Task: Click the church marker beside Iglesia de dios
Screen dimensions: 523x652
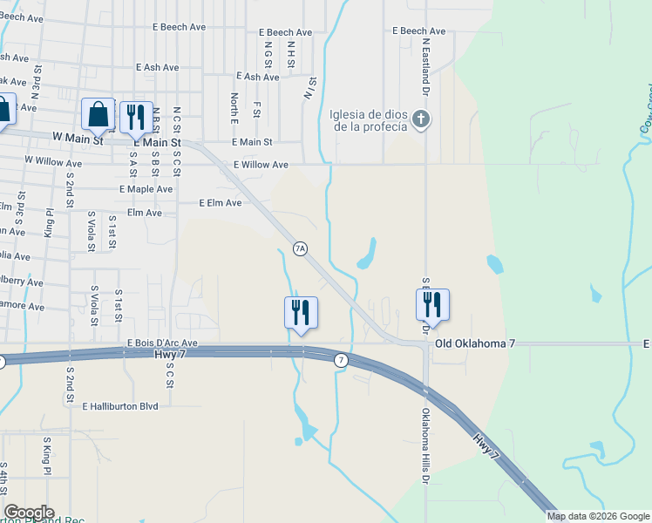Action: click(x=421, y=119)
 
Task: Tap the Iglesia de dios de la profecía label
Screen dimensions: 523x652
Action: click(x=369, y=119)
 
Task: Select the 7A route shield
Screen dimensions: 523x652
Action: click(x=300, y=248)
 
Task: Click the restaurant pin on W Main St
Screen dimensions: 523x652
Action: click(x=134, y=118)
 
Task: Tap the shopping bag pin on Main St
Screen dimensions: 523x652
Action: click(x=98, y=114)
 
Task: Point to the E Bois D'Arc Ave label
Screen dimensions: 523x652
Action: click(x=162, y=343)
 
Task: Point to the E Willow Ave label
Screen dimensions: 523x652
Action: click(x=261, y=164)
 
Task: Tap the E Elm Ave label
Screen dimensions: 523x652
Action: click(x=220, y=202)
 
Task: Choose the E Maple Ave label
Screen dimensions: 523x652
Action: click(x=146, y=188)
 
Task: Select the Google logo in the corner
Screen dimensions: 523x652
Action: click(x=29, y=513)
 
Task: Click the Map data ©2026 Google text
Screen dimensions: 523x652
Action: click(x=598, y=516)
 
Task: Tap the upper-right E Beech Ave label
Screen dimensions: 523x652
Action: click(x=419, y=31)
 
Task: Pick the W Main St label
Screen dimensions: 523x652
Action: click(x=78, y=138)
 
